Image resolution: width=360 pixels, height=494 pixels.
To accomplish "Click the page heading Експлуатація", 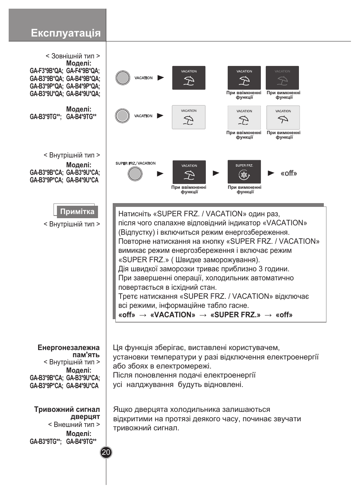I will [66, 33].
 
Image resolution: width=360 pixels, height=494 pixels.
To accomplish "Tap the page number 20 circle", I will [106, 452].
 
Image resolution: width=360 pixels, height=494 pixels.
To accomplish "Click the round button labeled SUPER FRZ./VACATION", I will [135, 174].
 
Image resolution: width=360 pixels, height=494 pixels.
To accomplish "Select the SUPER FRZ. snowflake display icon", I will [244, 172].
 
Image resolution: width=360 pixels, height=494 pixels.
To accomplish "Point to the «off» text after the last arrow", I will [288, 173].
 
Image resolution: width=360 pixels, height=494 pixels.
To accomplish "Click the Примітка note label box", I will [77, 211].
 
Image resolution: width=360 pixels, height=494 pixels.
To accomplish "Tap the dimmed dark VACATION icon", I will [282, 78].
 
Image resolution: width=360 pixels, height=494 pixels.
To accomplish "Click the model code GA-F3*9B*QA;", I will [46, 71].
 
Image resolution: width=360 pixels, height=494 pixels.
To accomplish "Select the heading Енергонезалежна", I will [69, 347].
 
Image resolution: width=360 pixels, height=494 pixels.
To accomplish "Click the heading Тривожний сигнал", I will [67, 409].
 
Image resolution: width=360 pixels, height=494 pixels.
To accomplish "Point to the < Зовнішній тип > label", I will [72, 56].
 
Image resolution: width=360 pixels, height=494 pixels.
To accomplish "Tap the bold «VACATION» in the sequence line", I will [173, 315].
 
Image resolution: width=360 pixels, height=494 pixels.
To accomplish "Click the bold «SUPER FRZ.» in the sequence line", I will [235, 315].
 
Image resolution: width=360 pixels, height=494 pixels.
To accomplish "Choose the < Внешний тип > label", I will [74, 424].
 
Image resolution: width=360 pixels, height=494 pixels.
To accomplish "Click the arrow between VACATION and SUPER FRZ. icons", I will [216, 173].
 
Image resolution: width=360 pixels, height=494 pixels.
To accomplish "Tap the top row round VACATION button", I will [123, 78].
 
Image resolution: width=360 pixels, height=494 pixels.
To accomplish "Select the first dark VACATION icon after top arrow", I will [188, 78].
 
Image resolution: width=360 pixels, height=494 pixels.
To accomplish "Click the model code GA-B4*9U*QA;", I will [83, 94].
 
